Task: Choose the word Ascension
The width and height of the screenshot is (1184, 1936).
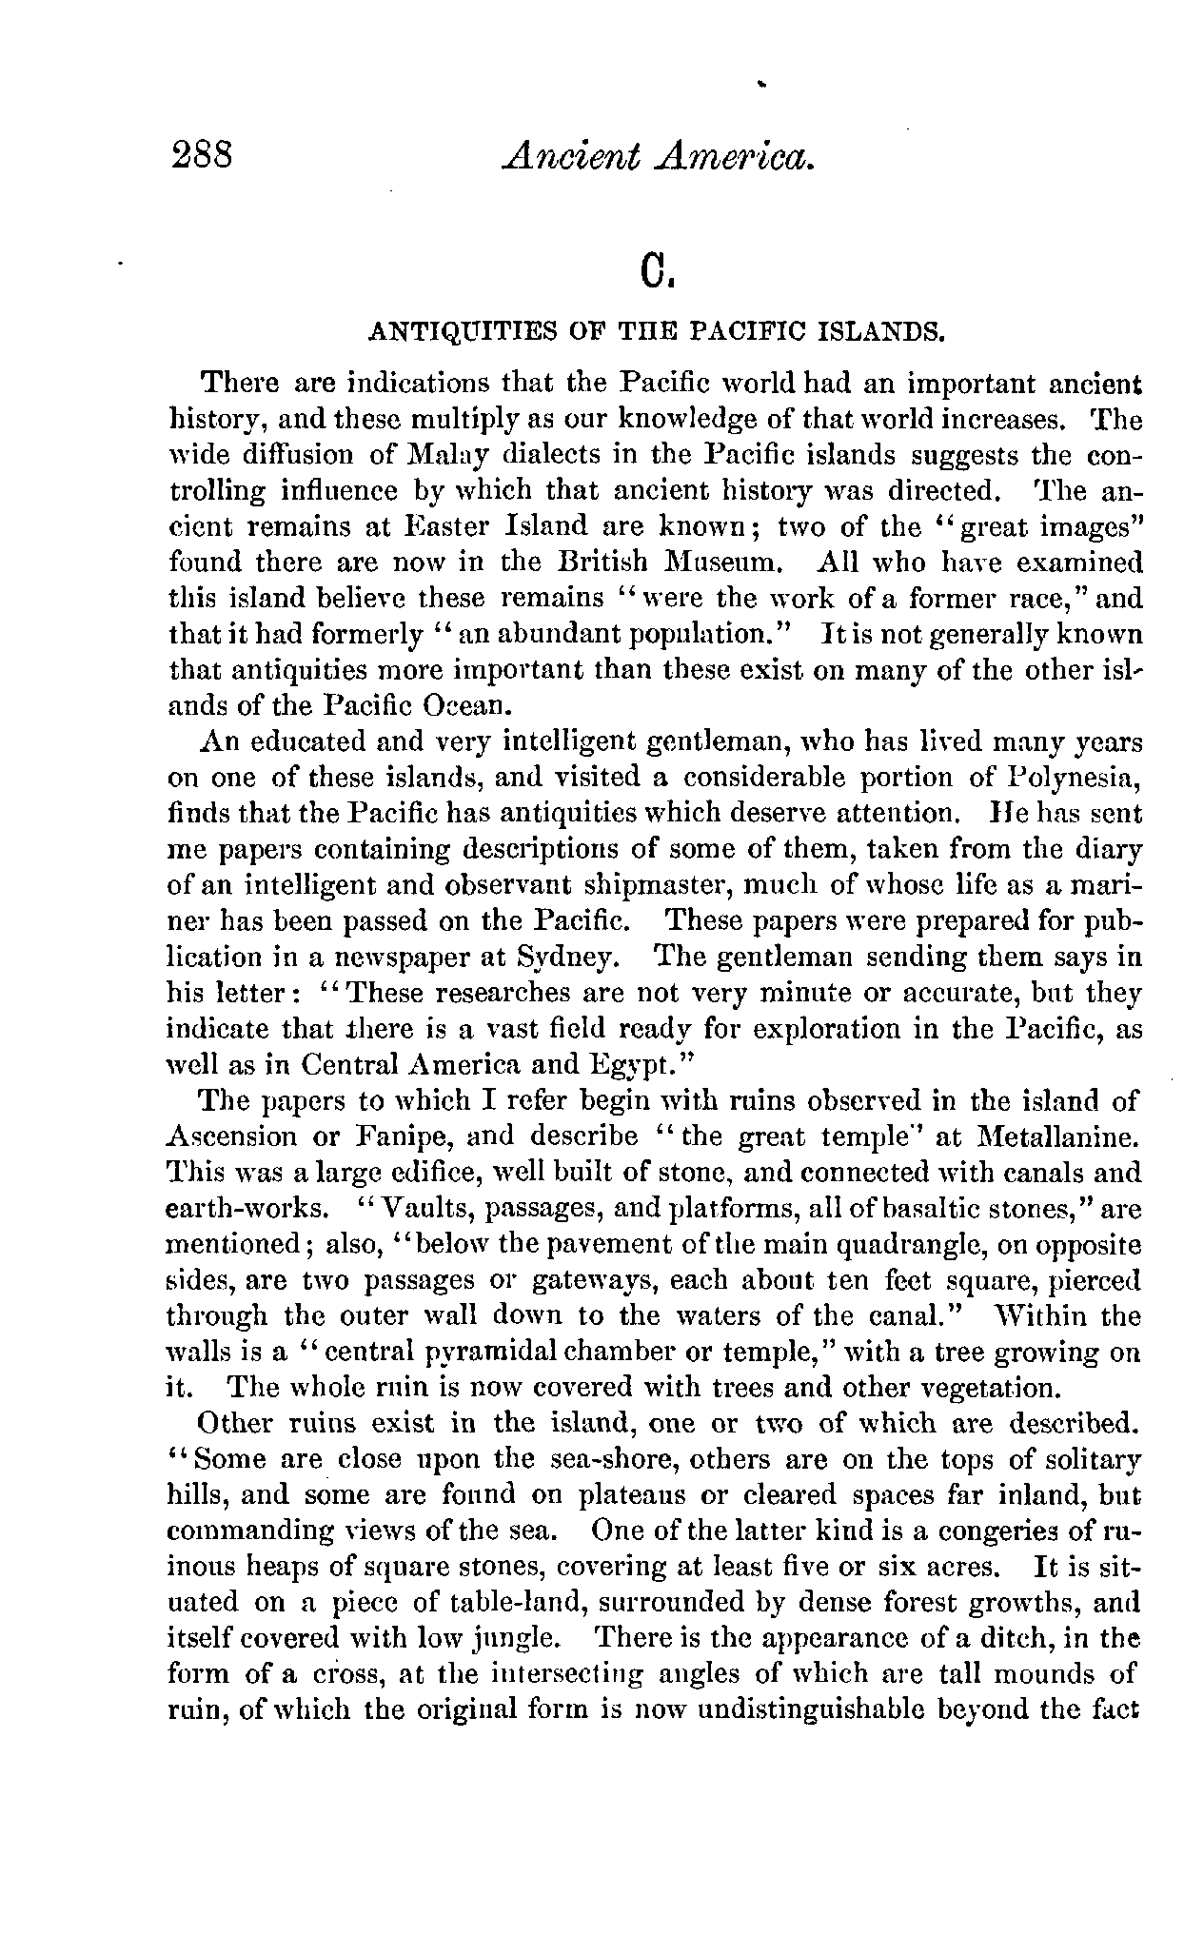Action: pyautogui.click(x=233, y=1136)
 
